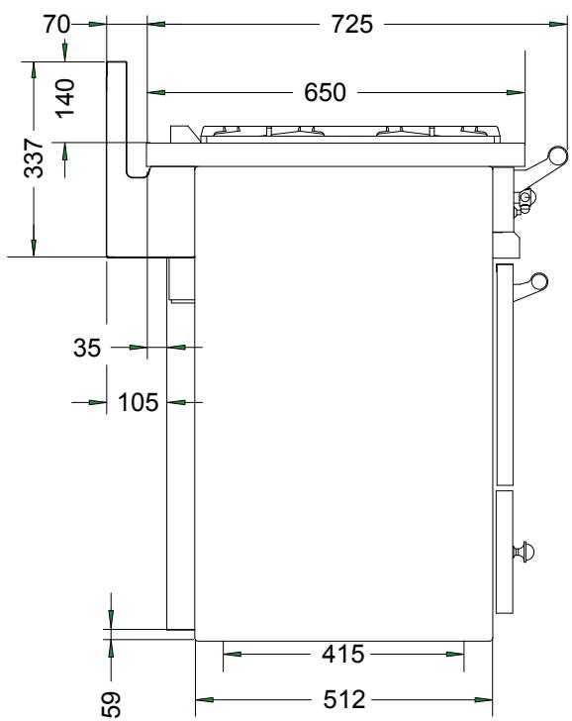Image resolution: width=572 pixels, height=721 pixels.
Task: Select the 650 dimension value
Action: click(325, 93)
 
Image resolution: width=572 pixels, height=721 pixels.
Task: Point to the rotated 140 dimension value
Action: click(64, 98)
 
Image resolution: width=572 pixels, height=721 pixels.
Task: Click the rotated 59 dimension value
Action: click(112, 701)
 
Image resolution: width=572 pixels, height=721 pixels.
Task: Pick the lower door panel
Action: click(506, 550)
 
